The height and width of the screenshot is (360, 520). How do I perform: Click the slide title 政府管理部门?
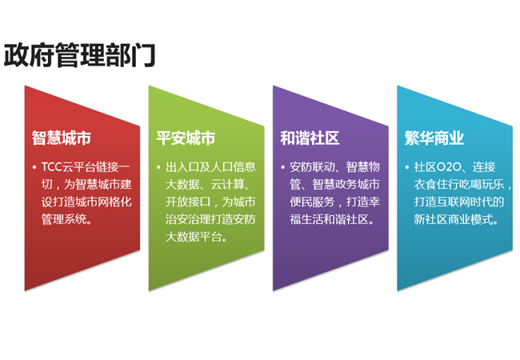click(x=79, y=54)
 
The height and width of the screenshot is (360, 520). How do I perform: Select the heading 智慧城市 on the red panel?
click(x=62, y=138)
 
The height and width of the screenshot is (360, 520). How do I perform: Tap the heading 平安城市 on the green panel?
click(x=186, y=138)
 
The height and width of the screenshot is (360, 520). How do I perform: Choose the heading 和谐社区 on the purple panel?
click(x=310, y=138)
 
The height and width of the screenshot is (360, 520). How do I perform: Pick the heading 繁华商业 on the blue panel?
click(x=434, y=138)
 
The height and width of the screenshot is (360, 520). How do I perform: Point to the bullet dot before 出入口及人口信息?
click(x=158, y=167)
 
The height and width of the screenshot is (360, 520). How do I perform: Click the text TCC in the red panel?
click(x=53, y=167)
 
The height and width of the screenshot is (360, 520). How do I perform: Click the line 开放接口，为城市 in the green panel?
click(x=210, y=202)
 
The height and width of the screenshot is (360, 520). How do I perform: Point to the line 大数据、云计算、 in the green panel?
click(x=210, y=185)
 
